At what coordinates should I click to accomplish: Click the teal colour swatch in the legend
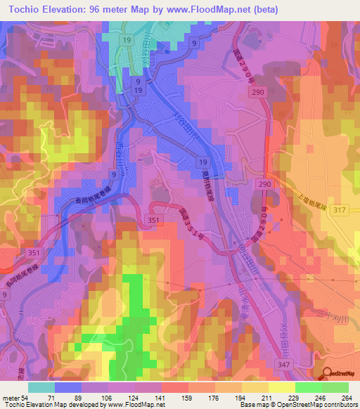(x=41, y=387)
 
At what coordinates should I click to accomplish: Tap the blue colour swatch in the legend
(x=68, y=387)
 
